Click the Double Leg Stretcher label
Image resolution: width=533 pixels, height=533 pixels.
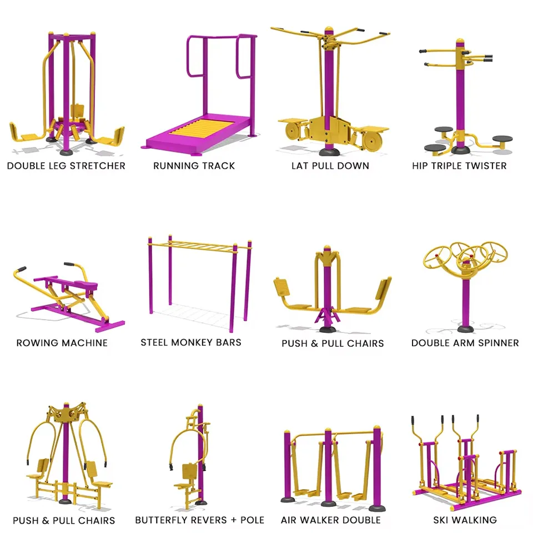point(66,166)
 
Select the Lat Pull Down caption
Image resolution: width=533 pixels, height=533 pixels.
point(330,166)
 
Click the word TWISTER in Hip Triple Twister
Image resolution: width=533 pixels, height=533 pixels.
point(486,166)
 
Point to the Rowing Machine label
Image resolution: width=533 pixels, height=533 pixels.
point(62,343)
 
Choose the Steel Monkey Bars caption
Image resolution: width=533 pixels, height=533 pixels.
point(190,342)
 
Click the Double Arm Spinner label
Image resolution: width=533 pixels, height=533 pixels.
point(465,343)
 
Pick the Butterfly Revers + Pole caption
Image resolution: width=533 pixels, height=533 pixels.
point(199,520)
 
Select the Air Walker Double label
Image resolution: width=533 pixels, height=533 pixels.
point(330,520)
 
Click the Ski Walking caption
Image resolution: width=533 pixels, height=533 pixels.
point(465,520)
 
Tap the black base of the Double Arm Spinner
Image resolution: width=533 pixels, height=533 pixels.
point(465,329)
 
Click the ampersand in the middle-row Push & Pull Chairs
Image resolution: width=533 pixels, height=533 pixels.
point(314,343)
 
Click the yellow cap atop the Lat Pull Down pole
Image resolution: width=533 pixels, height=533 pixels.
point(328,30)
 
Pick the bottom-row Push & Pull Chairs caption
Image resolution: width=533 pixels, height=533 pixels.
point(64,520)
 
